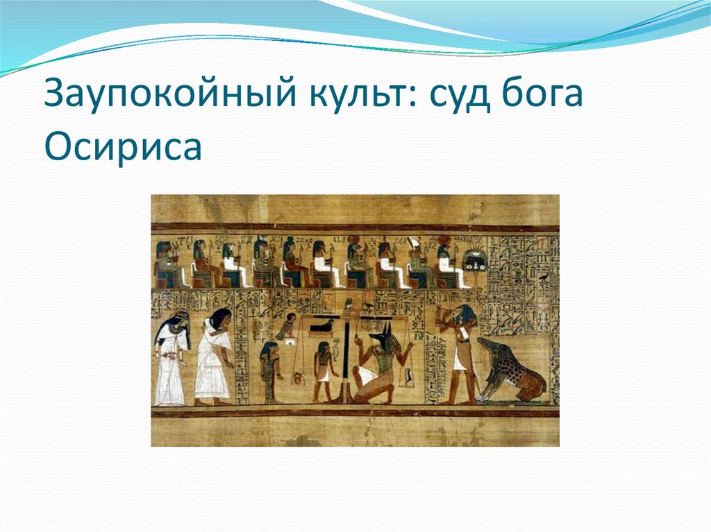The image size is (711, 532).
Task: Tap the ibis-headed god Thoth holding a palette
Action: (x=459, y=354)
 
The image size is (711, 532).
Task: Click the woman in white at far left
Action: (x=171, y=357)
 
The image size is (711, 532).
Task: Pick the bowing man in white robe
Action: (x=214, y=357)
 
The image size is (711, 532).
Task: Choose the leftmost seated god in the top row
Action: (x=166, y=264)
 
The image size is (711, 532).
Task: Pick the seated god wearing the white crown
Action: (x=419, y=263)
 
